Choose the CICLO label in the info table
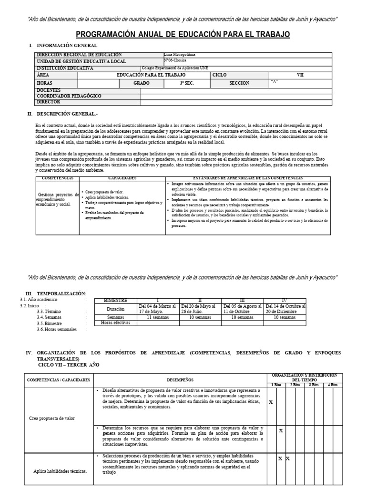click(x=220, y=75)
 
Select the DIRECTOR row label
click(x=49, y=102)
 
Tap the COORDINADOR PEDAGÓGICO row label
click(x=69, y=96)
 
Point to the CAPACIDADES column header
click(x=122, y=177)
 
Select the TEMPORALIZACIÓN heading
click(x=61, y=293)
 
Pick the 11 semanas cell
click(x=155, y=317)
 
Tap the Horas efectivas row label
click(x=115, y=322)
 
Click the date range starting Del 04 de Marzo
click(x=157, y=309)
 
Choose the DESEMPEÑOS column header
click(x=180, y=380)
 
